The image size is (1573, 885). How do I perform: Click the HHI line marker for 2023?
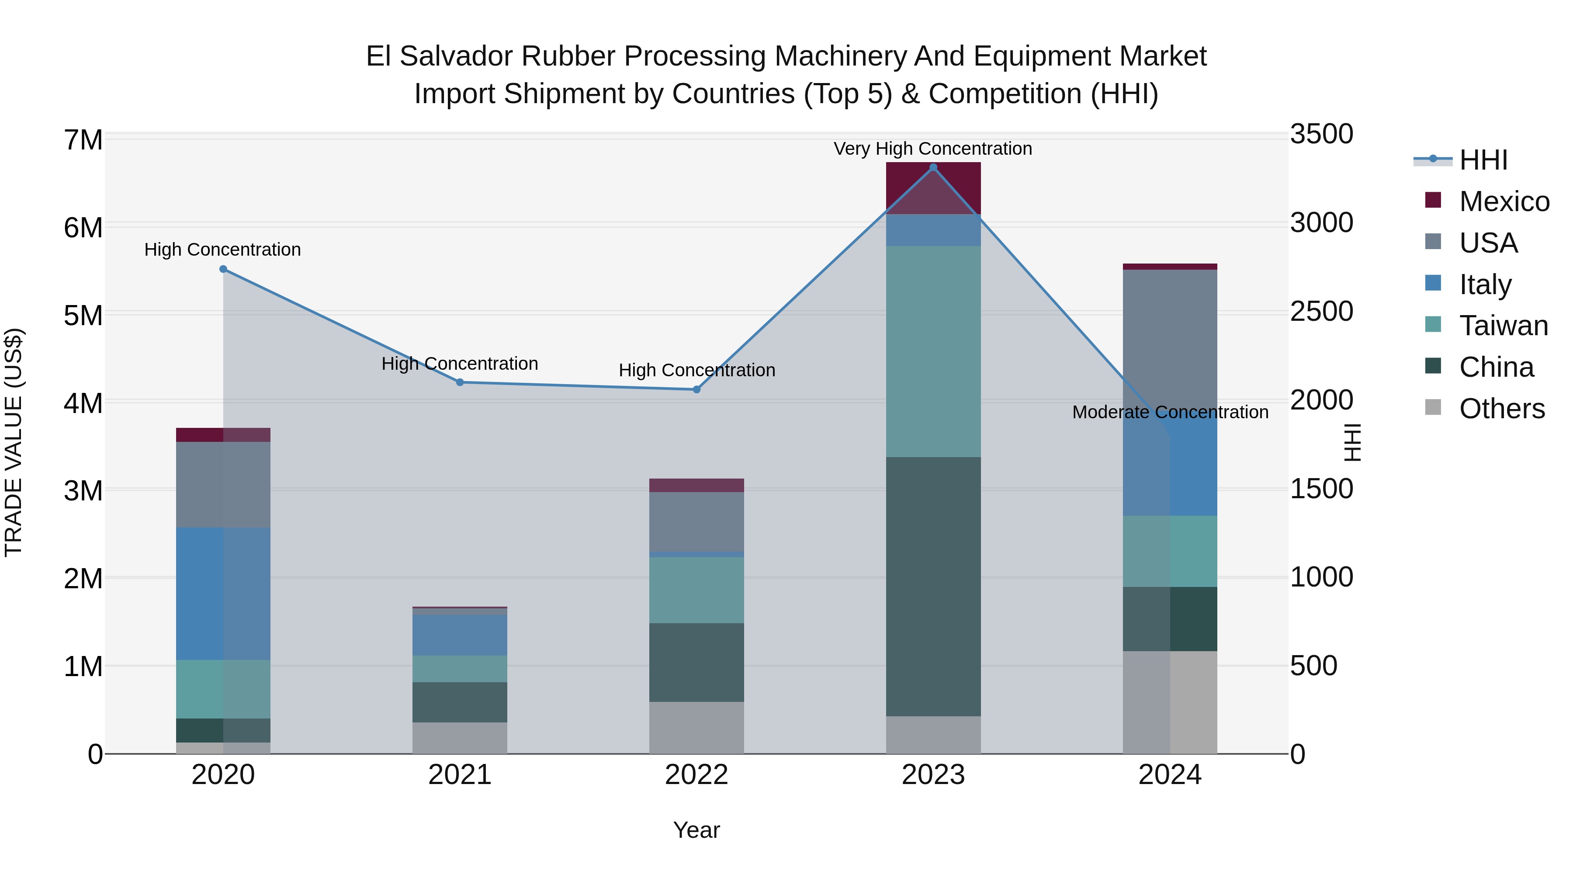932,167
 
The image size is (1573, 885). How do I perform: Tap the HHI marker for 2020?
223,269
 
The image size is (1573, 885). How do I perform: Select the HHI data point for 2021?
460,382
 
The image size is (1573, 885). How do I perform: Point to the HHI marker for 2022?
696,390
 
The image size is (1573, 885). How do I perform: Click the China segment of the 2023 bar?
932,587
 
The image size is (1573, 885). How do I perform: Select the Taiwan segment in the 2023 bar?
932,351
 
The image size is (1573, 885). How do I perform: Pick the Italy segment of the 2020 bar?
223,593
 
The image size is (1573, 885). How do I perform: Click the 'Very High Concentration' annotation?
932,149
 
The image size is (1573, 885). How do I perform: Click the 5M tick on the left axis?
83,316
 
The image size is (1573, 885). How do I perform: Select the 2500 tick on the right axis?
1321,312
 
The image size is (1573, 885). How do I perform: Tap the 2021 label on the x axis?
460,775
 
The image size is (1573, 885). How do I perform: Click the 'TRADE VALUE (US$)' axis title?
14,443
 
